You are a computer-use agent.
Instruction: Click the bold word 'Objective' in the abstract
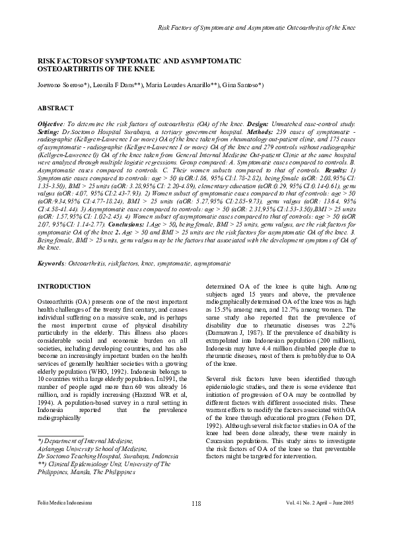coord(50,123)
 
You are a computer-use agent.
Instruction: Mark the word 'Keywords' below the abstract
coord(51,263)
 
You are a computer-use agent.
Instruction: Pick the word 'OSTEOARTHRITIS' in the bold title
coord(71,68)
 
